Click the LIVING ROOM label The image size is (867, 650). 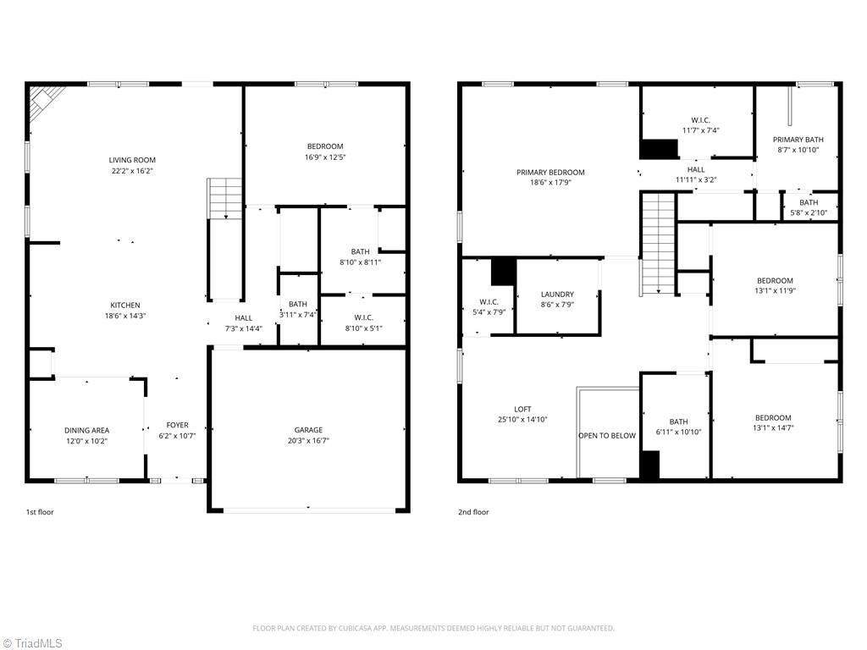(132, 160)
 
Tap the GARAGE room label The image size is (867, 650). (308, 430)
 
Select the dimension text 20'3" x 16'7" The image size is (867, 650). (308, 440)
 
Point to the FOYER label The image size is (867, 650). (178, 425)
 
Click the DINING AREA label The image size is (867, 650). (87, 431)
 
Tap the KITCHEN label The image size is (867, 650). (125, 305)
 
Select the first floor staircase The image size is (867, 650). (225, 198)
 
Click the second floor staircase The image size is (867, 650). (658, 243)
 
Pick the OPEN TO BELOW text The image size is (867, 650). (607, 436)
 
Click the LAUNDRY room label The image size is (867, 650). (557, 295)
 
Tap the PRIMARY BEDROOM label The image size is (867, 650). (550, 173)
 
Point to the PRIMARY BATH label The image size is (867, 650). (798, 140)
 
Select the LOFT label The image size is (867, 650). (522, 410)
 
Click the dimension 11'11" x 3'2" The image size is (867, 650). (696, 179)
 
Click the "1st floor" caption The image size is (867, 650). (40, 512)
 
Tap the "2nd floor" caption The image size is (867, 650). (473, 512)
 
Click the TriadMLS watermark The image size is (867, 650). (32, 643)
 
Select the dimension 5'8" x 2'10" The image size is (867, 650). (809, 212)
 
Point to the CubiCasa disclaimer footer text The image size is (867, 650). (433, 629)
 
